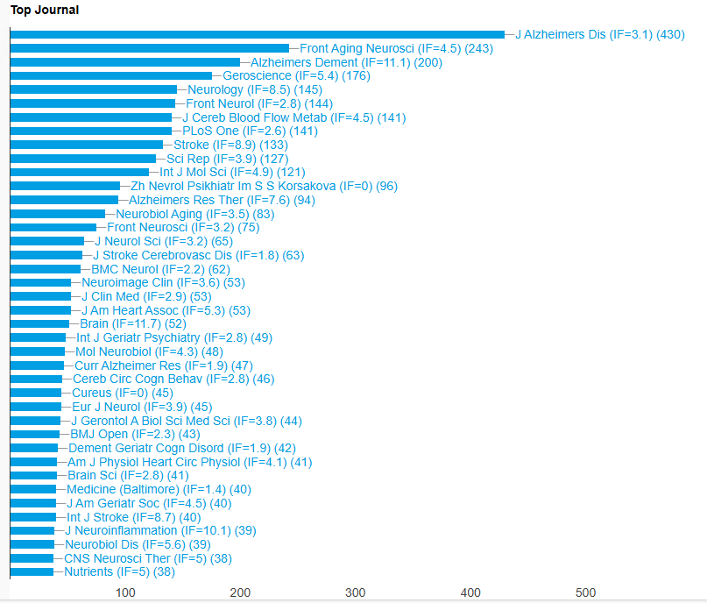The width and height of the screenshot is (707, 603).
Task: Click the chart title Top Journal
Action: click(44, 11)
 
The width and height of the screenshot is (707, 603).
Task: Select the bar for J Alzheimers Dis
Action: click(258, 35)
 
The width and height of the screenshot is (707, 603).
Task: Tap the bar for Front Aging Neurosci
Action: click(150, 49)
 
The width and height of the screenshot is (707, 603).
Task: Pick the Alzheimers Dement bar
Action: click(125, 62)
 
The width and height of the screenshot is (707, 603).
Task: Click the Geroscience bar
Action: click(111, 76)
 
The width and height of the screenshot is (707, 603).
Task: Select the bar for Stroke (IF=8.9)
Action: click(87, 145)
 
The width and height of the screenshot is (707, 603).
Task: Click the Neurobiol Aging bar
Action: click(58, 214)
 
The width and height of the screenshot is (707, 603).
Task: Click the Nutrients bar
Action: click(32, 571)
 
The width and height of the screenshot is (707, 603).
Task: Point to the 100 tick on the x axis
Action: click(125, 593)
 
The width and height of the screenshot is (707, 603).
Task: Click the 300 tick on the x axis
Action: click(356, 593)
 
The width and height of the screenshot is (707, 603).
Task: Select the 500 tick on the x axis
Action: click(585, 593)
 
